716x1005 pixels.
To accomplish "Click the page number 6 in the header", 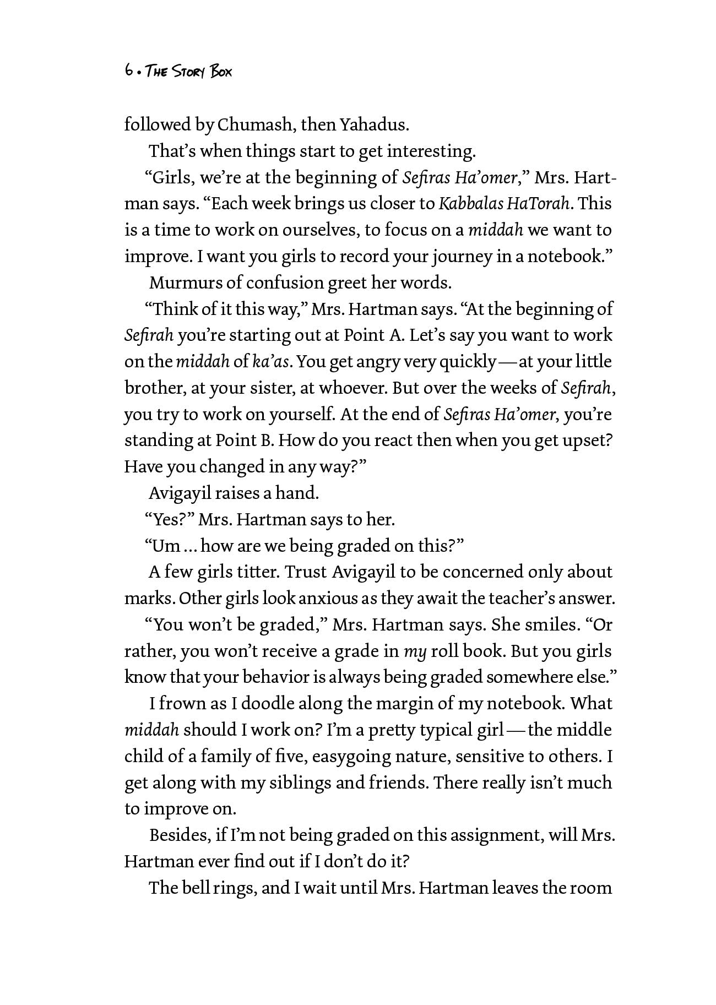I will (128, 70).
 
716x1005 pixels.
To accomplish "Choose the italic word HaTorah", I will (538, 204).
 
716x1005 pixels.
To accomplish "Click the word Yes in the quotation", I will (168, 520).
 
